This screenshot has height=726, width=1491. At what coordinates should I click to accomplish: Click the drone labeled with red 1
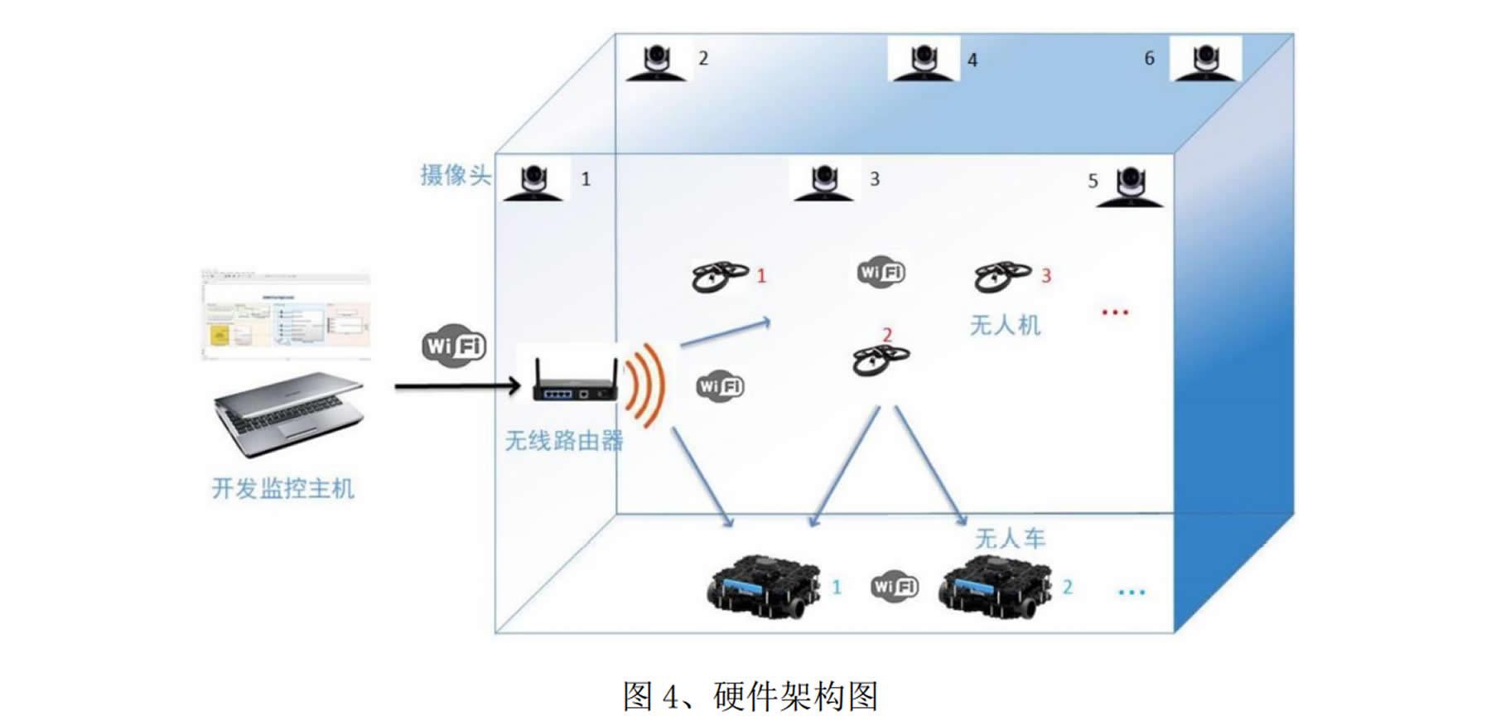click(x=718, y=276)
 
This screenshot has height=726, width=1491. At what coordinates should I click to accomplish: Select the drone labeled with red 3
click(x=1001, y=276)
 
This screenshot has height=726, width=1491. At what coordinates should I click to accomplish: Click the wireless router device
click(x=575, y=382)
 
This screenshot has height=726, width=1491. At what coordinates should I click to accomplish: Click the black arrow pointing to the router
click(x=456, y=386)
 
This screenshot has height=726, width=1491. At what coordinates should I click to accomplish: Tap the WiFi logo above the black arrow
click(x=454, y=345)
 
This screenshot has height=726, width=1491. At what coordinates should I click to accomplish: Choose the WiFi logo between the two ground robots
click(x=895, y=587)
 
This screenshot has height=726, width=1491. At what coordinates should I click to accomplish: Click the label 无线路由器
click(x=564, y=440)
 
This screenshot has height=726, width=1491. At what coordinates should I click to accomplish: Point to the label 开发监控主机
click(x=283, y=488)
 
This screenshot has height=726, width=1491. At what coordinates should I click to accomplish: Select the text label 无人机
click(x=1005, y=325)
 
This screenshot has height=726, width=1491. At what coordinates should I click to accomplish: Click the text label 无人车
click(x=1010, y=539)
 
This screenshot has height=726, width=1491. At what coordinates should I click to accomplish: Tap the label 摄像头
click(x=455, y=175)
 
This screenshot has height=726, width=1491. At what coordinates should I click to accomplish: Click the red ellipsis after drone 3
click(x=1115, y=312)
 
